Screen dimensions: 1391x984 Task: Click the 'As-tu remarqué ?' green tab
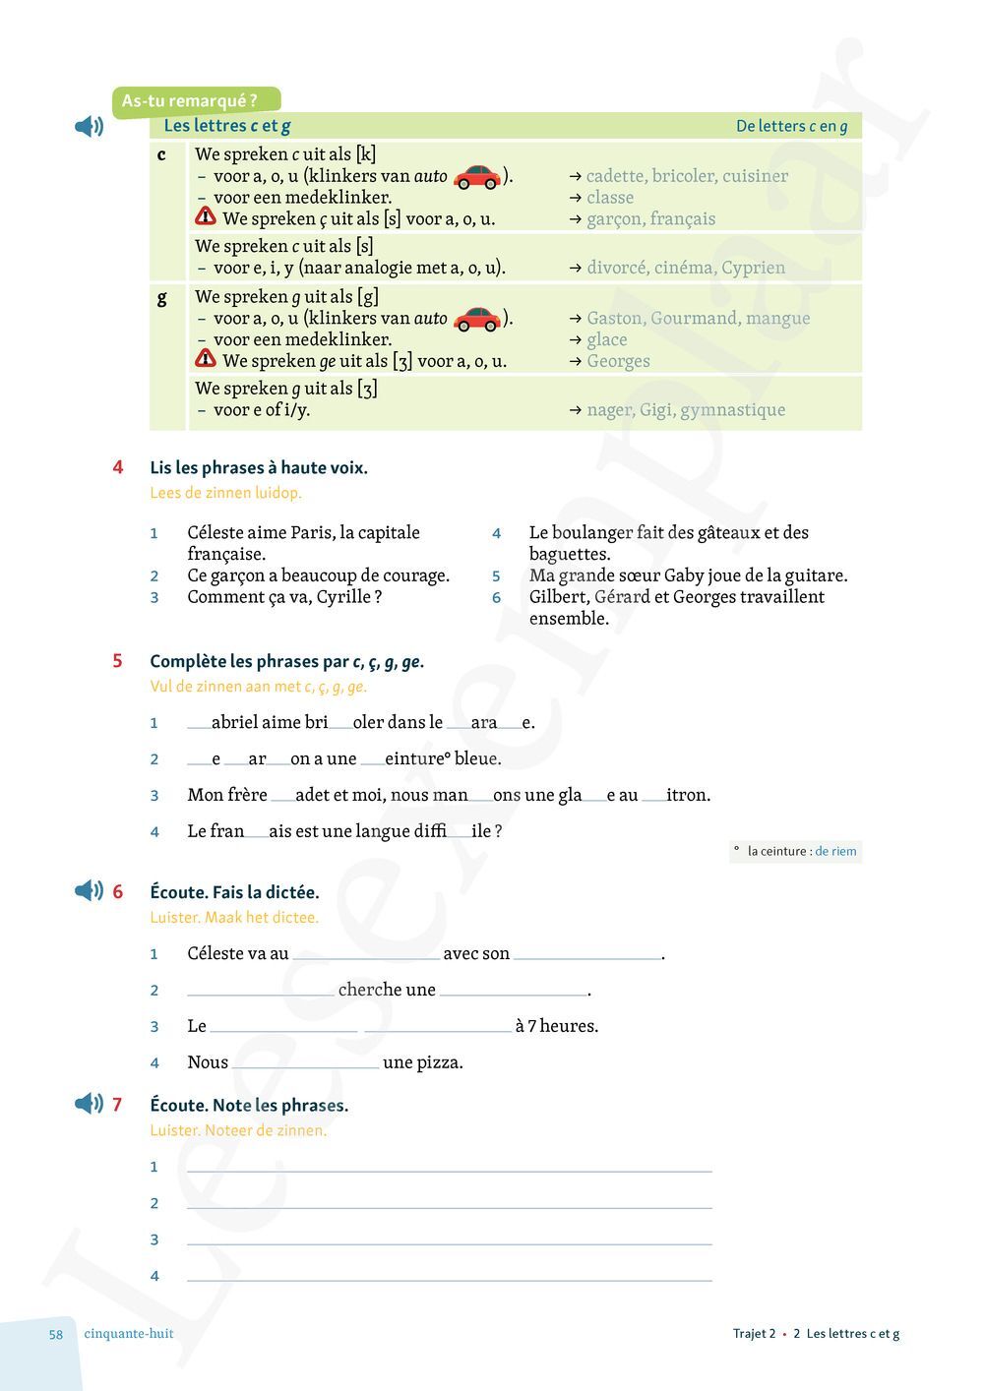click(x=191, y=100)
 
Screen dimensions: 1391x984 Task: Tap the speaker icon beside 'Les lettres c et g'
click(x=90, y=126)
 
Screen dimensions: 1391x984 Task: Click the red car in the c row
click(x=477, y=177)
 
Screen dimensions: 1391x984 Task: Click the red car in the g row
click(x=477, y=319)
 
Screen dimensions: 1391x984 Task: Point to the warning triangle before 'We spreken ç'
click(x=206, y=216)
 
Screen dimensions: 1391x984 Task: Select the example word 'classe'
click(x=610, y=198)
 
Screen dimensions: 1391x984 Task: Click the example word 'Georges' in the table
click(x=618, y=361)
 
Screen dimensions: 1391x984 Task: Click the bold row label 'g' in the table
click(x=162, y=297)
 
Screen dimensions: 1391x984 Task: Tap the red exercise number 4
click(x=118, y=467)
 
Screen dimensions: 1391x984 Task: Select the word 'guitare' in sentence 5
click(x=813, y=575)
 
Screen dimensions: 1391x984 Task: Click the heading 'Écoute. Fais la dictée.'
click(x=234, y=892)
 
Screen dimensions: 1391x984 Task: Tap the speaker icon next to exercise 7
click(x=90, y=1104)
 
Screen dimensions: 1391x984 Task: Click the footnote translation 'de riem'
click(x=835, y=851)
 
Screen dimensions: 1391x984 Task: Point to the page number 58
click(x=56, y=1335)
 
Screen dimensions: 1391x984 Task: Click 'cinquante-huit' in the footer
click(x=129, y=1334)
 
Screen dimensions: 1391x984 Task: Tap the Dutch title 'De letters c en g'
click(x=791, y=126)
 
